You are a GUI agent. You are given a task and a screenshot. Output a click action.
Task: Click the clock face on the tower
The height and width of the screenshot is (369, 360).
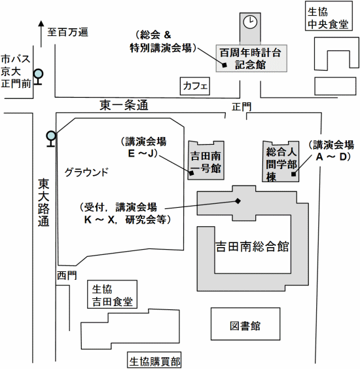pyautogui.click(x=249, y=22)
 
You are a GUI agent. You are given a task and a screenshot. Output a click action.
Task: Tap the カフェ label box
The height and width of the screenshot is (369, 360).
pyautogui.click(x=196, y=86)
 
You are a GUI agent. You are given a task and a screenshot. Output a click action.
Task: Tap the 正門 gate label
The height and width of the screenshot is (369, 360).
pyautogui.click(x=241, y=106)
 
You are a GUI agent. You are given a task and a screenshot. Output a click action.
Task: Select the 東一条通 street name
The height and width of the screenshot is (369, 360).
pyautogui.click(x=124, y=105)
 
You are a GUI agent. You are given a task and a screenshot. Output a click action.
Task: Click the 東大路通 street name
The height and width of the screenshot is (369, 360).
pyautogui.click(x=43, y=203)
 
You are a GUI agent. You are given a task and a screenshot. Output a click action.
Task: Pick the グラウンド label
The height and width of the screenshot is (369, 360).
pyautogui.click(x=86, y=172)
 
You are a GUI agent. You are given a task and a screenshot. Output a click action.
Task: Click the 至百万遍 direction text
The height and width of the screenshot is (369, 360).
pyautogui.click(x=67, y=31)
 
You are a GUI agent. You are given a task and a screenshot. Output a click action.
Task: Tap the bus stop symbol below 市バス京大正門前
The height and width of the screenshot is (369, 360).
pyautogui.click(x=39, y=75)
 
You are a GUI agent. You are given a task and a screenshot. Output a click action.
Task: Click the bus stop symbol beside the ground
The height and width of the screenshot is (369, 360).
pyautogui.click(x=50, y=137)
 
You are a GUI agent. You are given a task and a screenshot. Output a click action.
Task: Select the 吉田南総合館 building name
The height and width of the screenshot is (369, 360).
pyautogui.click(x=252, y=247)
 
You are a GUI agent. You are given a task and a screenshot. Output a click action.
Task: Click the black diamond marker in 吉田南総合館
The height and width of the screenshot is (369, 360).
pyautogui.click(x=238, y=201)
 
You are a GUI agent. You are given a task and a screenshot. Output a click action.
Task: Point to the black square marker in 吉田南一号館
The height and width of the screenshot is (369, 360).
pyautogui.click(x=191, y=172)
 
